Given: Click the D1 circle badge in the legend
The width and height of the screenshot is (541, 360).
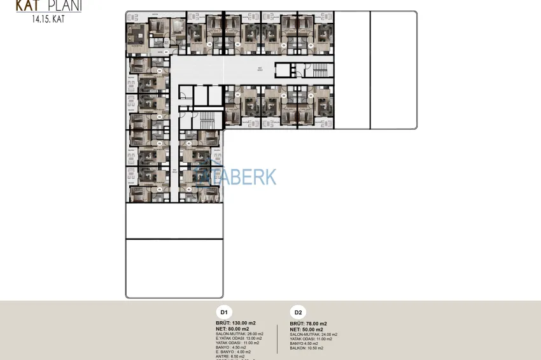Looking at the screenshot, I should pos(223,312).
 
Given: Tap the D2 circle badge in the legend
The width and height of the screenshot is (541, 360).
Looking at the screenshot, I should pos(297,312).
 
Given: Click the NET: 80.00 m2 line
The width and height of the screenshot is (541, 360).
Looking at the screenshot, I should pos(234,329).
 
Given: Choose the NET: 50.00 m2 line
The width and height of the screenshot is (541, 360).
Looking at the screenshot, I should pos(307,329).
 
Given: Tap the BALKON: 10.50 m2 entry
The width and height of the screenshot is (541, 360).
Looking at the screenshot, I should pos(306,348).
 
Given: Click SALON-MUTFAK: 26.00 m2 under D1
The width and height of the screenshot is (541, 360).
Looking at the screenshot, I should pos(239,334).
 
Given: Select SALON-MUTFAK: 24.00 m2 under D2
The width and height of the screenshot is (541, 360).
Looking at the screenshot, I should pos(313,335).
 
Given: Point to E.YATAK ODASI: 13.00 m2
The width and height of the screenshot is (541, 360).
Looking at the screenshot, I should pos(239,338).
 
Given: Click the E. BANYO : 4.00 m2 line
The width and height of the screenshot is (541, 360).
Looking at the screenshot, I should pos(233,352).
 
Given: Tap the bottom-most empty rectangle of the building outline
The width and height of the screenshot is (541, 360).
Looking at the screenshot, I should pos(174,268).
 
